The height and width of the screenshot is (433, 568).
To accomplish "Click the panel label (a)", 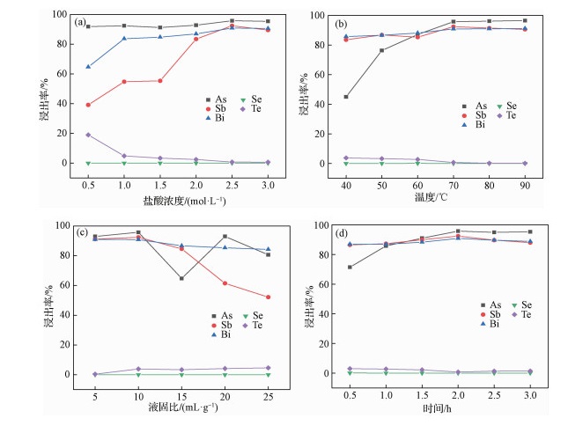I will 79,22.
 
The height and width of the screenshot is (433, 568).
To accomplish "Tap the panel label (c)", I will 79,233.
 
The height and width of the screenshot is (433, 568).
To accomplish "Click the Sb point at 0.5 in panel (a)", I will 88,105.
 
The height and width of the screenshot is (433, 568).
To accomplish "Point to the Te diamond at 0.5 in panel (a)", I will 88,135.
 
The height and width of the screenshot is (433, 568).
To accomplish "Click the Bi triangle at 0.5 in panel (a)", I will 88,66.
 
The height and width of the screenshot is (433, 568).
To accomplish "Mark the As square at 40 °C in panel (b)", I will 346,97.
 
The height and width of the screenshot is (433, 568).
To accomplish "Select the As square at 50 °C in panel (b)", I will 381,50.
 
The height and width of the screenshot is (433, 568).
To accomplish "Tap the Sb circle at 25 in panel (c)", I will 268,297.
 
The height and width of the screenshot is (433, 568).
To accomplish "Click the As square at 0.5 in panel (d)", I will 350,267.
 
